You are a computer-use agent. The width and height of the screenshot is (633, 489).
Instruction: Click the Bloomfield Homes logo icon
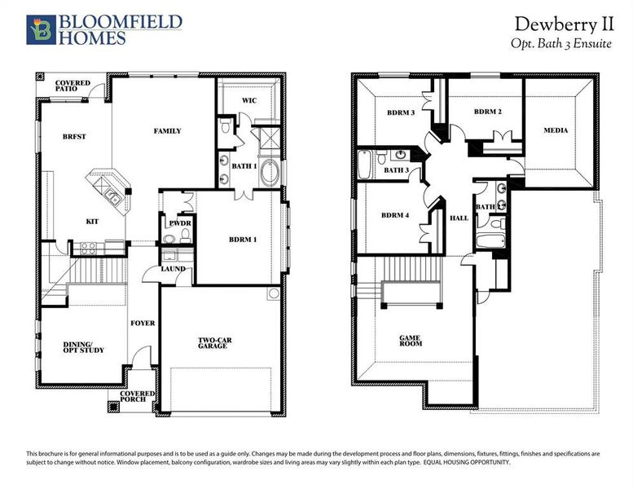39,29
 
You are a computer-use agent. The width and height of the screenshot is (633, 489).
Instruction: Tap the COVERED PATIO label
73,86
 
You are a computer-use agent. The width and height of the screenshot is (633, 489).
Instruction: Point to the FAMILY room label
167,130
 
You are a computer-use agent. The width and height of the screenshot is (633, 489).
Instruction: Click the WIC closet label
249,101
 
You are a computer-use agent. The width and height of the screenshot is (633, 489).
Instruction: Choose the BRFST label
74,137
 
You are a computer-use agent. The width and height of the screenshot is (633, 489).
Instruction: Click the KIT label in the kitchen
93,221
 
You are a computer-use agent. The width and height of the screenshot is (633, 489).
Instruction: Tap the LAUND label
173,268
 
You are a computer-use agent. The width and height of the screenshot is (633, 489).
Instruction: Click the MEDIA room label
556,130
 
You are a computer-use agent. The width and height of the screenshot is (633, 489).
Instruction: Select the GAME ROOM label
410,340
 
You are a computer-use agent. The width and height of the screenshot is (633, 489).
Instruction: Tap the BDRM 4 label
395,215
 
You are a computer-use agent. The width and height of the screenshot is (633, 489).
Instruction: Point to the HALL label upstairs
459,218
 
